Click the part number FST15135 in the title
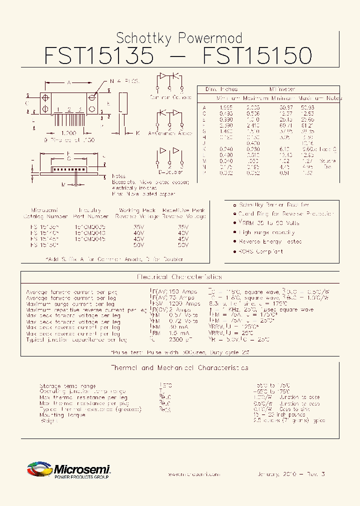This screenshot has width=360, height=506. coord(99,55)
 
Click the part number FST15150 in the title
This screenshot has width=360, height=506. coord(257,55)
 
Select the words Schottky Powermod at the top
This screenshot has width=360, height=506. coord(179,38)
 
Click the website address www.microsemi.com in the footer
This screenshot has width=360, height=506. coord(193,473)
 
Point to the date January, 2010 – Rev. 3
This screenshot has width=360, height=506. coord(291,473)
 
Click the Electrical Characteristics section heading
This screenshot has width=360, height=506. coord(179,276)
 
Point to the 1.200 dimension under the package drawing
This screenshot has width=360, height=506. coord(68,133)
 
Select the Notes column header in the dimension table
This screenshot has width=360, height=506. coord(334,98)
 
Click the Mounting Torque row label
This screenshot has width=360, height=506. coord(59,415)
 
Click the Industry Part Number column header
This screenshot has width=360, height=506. coord(90,213)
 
